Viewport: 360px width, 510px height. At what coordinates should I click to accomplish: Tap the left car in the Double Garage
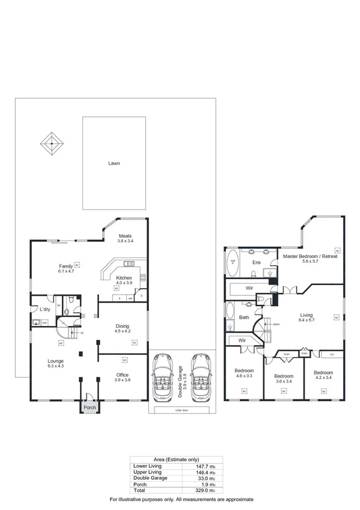(x=163, y=379)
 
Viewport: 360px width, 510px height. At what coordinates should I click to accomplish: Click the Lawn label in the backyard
(x=114, y=163)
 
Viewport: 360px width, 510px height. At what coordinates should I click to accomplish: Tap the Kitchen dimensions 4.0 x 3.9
(x=124, y=283)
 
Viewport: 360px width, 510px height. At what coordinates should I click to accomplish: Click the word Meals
(x=125, y=236)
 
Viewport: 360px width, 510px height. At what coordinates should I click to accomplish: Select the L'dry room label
(x=44, y=309)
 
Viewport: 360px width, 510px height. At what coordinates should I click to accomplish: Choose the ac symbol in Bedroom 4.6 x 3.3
(x=245, y=392)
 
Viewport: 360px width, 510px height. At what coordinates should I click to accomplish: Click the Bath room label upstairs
(x=244, y=317)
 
